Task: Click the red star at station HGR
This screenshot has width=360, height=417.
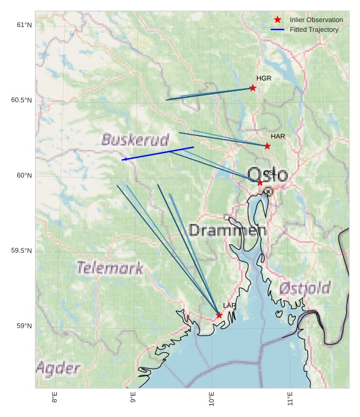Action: pos(253,88)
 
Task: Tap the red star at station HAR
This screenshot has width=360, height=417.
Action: pos(268,146)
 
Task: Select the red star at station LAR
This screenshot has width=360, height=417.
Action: pos(219,315)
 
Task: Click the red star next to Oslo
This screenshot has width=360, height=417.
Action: pos(260,182)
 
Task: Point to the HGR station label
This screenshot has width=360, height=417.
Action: pos(264,78)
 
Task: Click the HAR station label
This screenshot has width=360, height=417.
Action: pos(278,136)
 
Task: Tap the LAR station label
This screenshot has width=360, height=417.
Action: pos(230,306)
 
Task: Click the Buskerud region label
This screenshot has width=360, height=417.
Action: pos(135,140)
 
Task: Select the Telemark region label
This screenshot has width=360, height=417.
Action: pos(110,268)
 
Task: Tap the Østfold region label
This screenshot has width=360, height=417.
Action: pos(304,288)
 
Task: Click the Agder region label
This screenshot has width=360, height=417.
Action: pos(58,368)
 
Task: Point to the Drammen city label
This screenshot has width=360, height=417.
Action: pos(227,231)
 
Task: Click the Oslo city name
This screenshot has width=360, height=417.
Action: pos(268,175)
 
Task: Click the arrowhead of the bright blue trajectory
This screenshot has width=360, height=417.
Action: pos(123,160)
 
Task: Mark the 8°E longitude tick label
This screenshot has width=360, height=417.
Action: pos(54,398)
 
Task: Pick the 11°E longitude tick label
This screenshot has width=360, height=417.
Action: pos(290,398)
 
